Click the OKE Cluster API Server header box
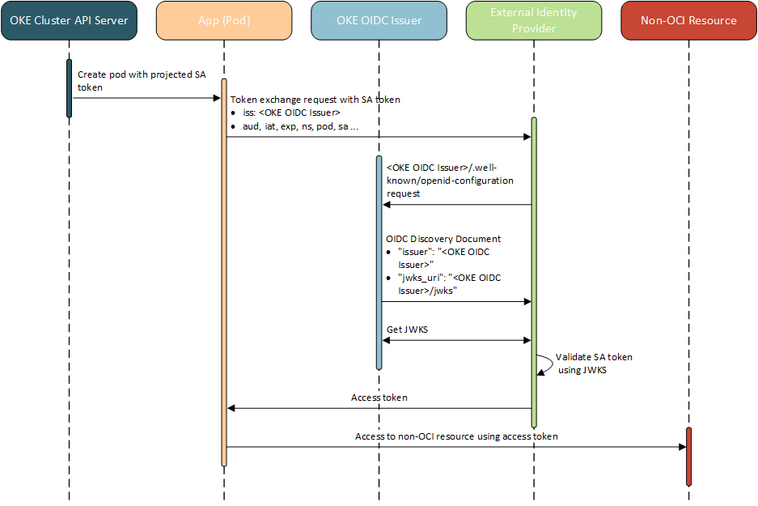[69, 20]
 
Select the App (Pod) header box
[224, 20]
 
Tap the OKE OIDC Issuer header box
[379, 20]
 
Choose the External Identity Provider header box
[534, 20]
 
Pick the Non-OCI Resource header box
[688, 20]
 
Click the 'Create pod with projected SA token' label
[141, 80]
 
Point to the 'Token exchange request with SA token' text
[315, 100]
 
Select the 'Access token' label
[379, 398]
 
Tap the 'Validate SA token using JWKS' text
[593, 363]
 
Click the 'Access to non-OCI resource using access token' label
[456, 436]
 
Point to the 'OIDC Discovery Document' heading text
[443, 239]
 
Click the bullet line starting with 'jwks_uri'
[449, 283]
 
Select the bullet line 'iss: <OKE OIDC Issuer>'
[291, 113]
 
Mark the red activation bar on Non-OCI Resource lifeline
[688, 456]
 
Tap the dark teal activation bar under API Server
[70, 87]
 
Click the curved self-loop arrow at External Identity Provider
[546, 364]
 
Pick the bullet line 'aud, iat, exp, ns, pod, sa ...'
[300, 126]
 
